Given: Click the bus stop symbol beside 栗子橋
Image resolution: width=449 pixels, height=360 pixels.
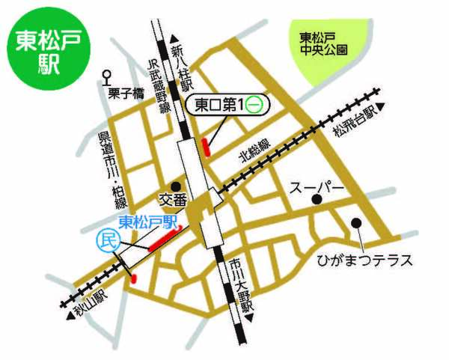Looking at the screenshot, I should click(x=108, y=75).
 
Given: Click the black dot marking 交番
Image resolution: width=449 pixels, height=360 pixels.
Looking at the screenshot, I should click(x=175, y=186).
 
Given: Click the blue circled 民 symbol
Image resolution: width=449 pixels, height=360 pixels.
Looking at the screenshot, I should click(x=107, y=240).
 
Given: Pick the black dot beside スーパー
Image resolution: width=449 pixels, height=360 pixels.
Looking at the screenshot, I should click(x=317, y=199).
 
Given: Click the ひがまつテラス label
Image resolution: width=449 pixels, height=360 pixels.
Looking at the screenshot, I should click(x=364, y=260).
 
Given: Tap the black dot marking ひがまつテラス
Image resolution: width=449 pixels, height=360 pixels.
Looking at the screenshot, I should click(x=356, y=222).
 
